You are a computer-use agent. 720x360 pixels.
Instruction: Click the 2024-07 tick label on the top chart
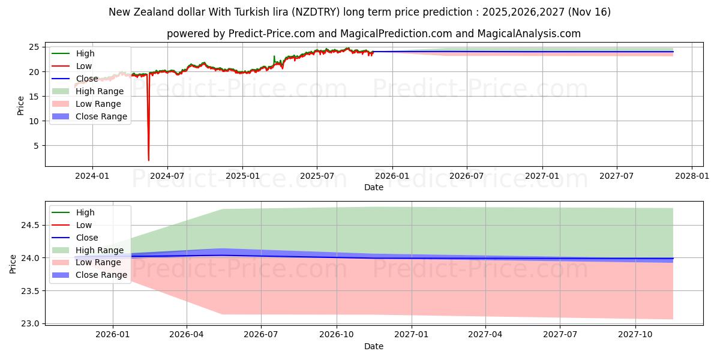click(167, 176)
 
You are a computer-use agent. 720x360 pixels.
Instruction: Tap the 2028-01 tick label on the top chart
click(692, 176)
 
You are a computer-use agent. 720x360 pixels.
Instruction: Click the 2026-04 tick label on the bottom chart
click(187, 334)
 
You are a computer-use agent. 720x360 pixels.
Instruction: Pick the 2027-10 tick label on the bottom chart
click(635, 334)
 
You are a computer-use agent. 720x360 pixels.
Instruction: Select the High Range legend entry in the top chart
click(99, 91)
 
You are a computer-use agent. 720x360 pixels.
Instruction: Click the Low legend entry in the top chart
click(85, 66)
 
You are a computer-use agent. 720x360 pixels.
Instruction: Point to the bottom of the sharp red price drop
click(149, 160)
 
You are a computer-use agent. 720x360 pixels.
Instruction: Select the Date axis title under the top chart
click(373, 187)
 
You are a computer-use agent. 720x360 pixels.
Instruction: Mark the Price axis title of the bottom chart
click(13, 263)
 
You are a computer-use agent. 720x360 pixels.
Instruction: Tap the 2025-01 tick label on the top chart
click(242, 176)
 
